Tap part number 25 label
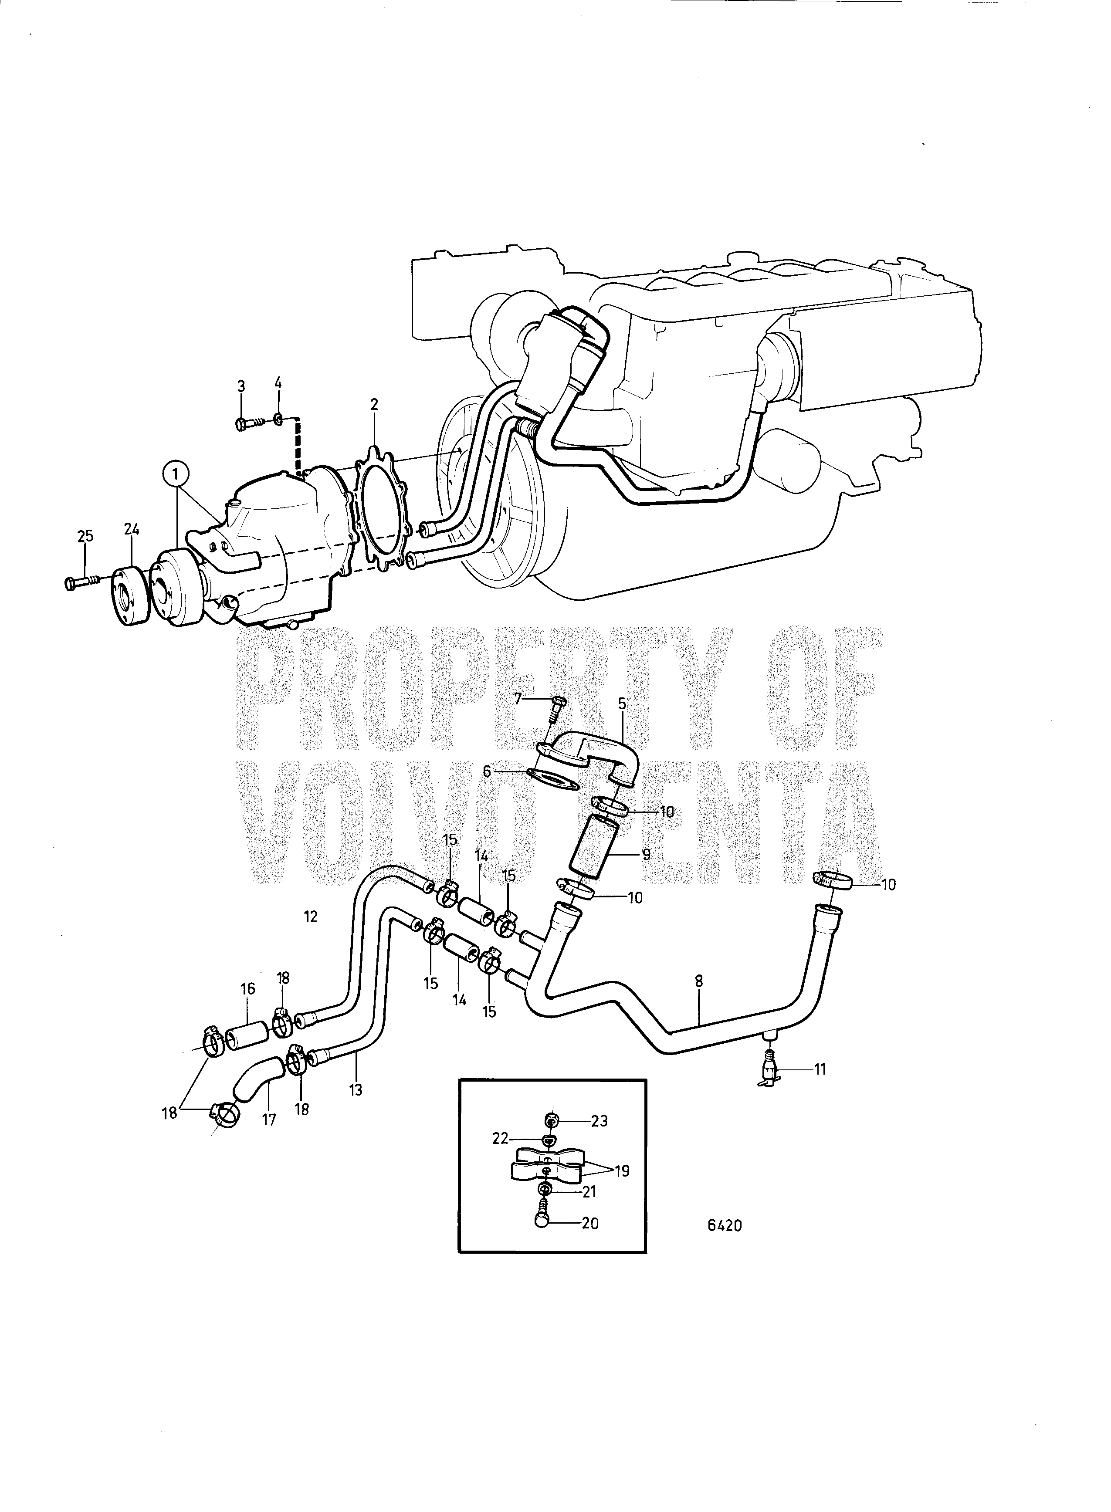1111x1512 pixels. click(85, 536)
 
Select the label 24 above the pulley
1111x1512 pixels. click(131, 530)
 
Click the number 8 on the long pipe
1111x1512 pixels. click(699, 1000)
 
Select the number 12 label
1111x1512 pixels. click(310, 917)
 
